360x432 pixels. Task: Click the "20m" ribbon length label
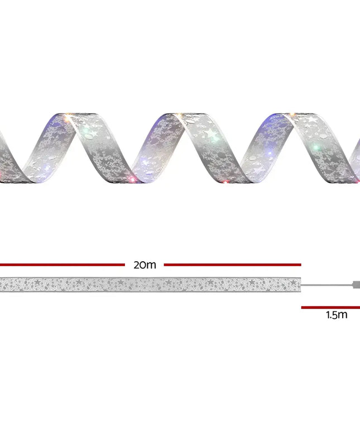(145, 265)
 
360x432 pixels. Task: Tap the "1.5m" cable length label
(337, 315)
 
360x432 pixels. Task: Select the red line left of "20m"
(63, 265)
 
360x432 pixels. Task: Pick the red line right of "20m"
(233, 265)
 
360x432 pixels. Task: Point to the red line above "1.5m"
(330, 308)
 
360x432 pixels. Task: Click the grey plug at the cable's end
(356, 285)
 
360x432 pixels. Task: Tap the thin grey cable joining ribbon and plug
(327, 285)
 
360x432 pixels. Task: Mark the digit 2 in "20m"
(137, 265)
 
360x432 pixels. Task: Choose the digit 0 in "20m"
(144, 265)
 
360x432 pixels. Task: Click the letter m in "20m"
(152, 266)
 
